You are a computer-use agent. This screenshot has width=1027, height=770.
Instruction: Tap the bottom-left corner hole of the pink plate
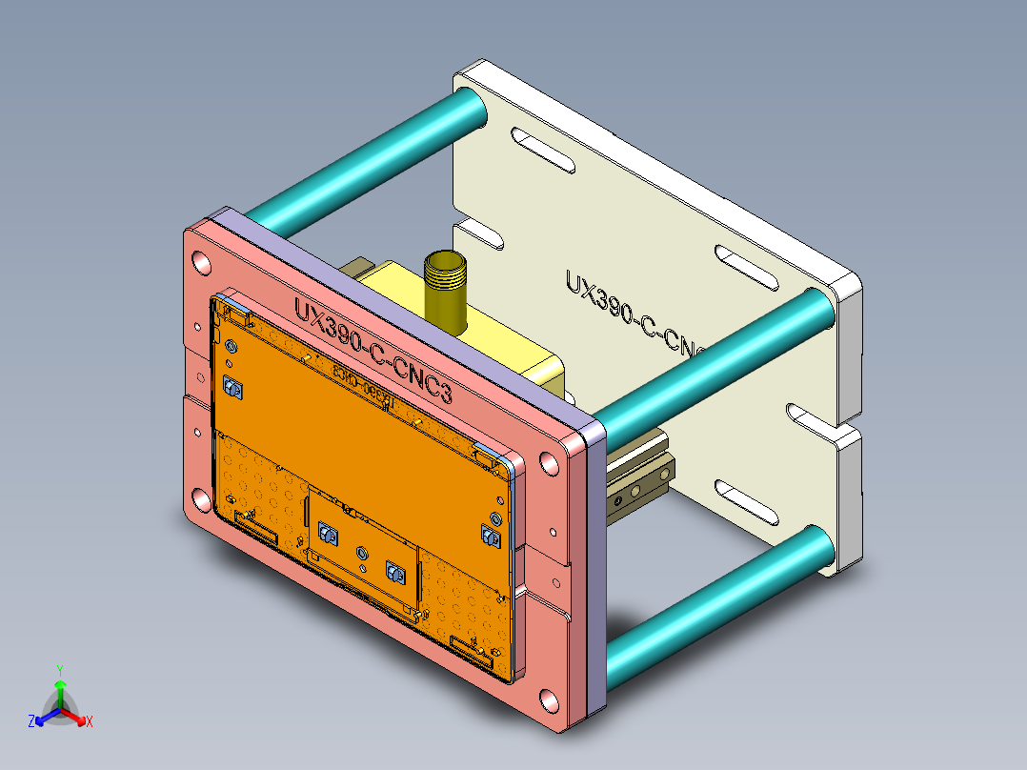[200, 497]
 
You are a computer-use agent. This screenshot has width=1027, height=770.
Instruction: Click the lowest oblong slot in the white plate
[749, 503]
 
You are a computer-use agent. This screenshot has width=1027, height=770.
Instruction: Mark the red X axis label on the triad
[90, 721]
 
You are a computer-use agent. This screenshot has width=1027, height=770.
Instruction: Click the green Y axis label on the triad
[59, 670]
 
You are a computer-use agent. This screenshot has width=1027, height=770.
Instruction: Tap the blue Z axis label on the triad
[31, 722]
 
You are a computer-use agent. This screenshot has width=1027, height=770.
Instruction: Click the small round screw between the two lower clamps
[361, 553]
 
